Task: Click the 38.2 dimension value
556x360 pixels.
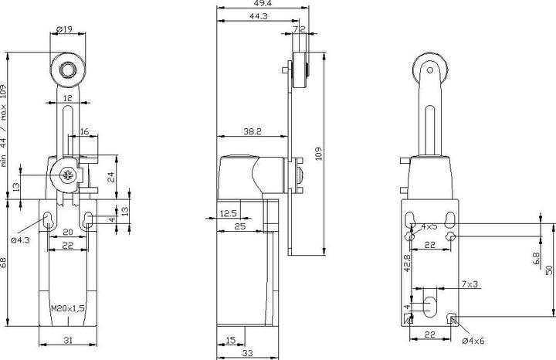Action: tap(252, 133)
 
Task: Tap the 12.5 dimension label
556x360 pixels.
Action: tap(229, 212)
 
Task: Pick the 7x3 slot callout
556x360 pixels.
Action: tap(469, 284)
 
